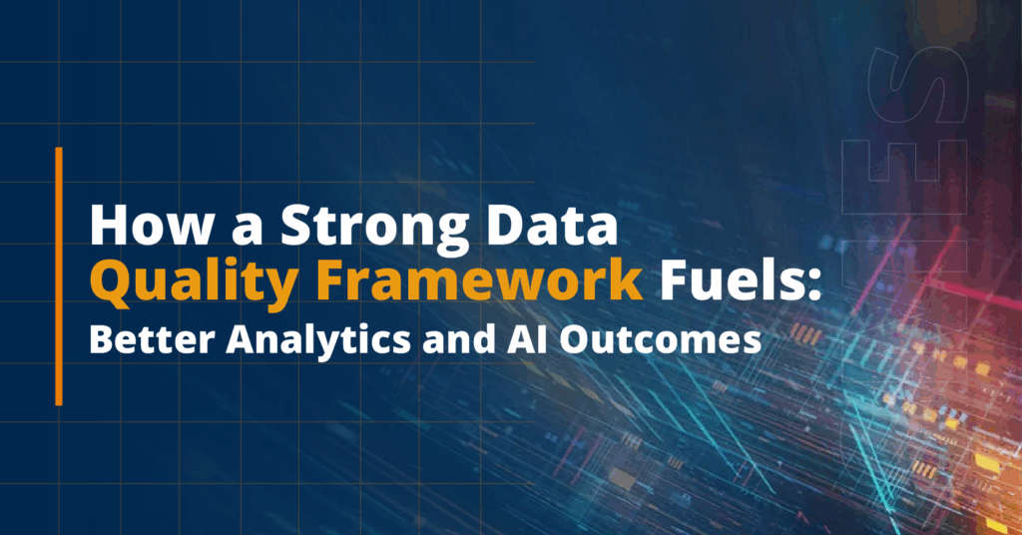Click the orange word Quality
click(194, 281)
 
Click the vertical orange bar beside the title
click(59, 276)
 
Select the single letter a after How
click(247, 230)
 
